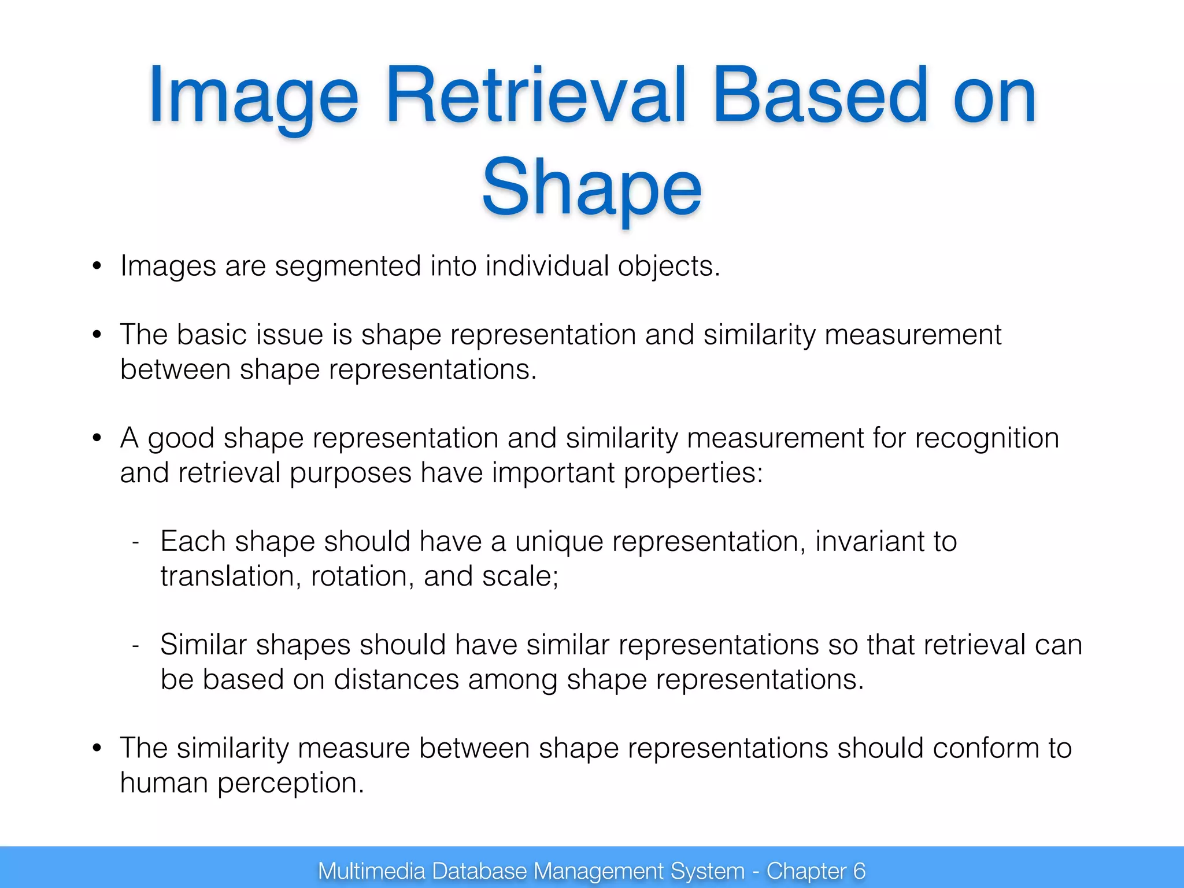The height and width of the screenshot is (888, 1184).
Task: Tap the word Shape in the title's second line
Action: coord(591,188)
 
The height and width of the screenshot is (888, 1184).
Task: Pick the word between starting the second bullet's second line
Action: coord(175,369)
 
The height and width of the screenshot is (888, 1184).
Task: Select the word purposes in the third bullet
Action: coord(350,473)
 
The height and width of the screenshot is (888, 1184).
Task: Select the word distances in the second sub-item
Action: coord(396,679)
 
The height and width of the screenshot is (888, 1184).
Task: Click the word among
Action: coord(512,679)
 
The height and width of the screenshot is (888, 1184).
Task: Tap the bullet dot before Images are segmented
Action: coord(97,267)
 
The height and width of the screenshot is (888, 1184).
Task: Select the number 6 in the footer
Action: coord(859,871)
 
